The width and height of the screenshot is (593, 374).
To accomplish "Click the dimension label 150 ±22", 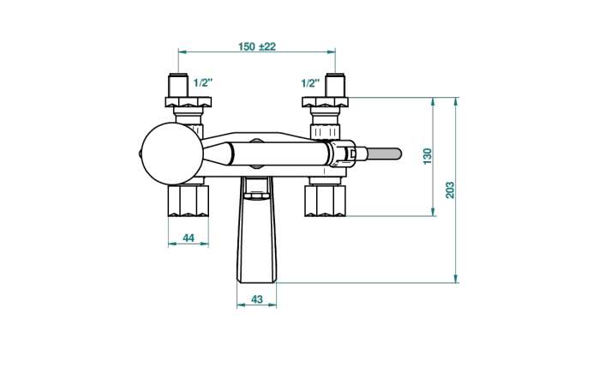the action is pyautogui.click(x=257, y=46).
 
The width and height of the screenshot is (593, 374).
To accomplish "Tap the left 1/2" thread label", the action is pyautogui.click(x=203, y=82).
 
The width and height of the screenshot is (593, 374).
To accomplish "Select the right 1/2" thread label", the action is pyautogui.click(x=310, y=83).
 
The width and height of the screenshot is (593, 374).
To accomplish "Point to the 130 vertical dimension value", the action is pyautogui.click(x=427, y=156).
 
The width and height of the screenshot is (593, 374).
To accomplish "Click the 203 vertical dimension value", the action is pyautogui.click(x=450, y=190).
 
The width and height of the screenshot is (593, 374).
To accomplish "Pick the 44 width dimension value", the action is pyautogui.click(x=189, y=238).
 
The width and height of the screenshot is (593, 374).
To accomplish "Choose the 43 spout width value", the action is pyautogui.click(x=257, y=299).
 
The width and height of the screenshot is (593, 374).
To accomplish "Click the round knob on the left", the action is pyautogui.click(x=172, y=154).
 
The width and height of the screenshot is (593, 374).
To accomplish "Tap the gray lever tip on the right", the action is pyautogui.click(x=384, y=154).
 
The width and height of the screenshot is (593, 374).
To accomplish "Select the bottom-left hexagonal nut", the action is pyautogui.click(x=189, y=201).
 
